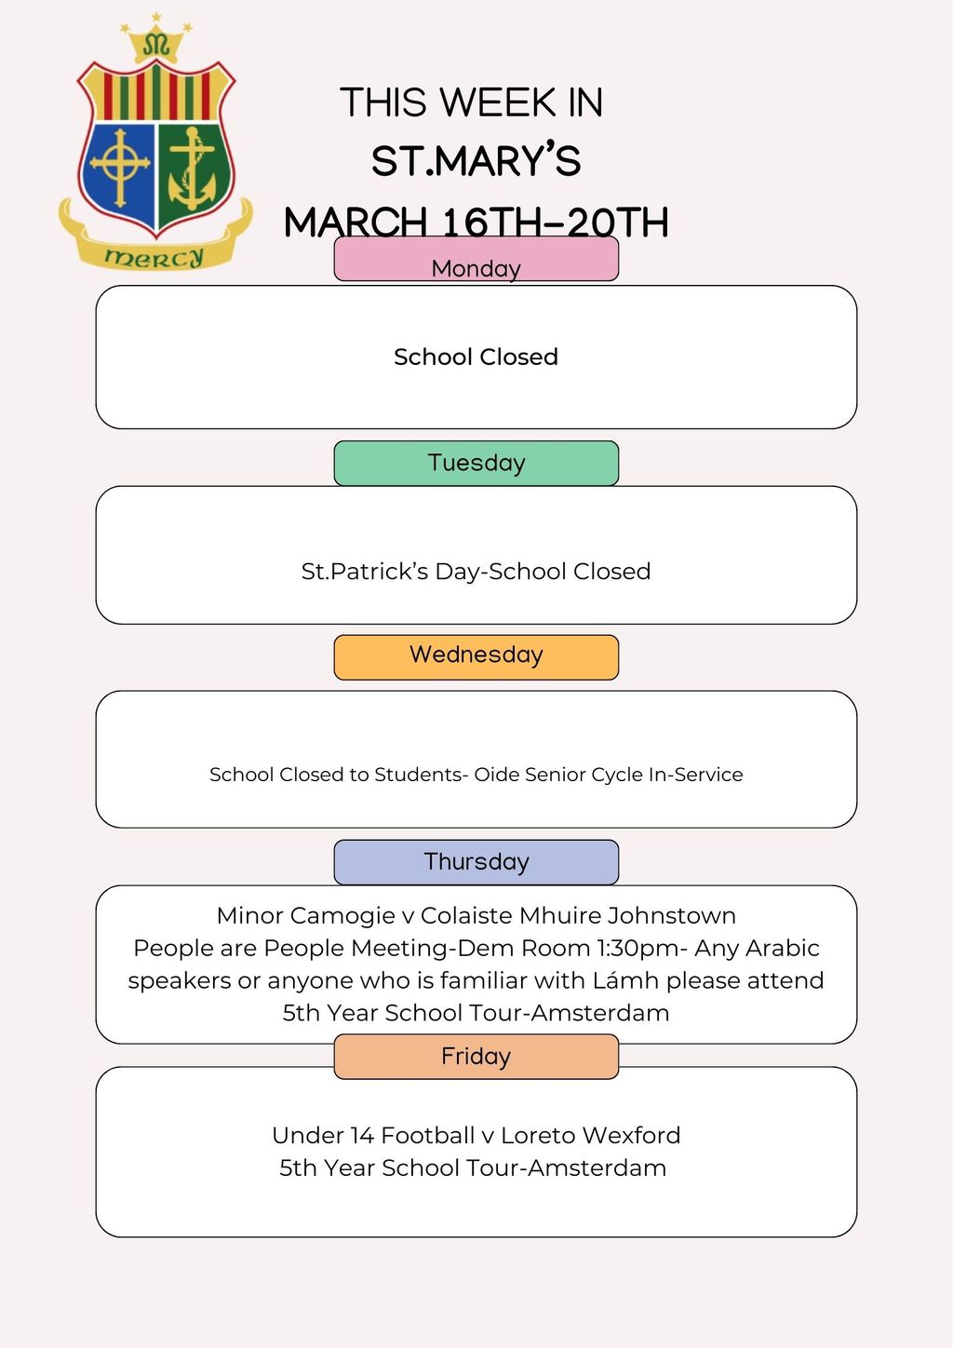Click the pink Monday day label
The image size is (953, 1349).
(476, 260)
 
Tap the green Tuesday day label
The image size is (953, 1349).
(476, 463)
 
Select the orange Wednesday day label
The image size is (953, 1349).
(476, 656)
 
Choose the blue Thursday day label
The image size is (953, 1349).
(476, 862)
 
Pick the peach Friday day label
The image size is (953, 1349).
(476, 1057)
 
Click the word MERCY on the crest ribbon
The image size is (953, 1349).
(154, 257)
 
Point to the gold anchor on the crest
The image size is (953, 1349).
(192, 172)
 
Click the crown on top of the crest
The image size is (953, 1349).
(155, 42)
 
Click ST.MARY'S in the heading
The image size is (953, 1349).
(476, 161)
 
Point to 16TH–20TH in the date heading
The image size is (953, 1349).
(555, 223)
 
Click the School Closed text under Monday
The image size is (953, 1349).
(476, 357)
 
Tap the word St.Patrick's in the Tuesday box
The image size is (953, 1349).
(364, 572)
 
